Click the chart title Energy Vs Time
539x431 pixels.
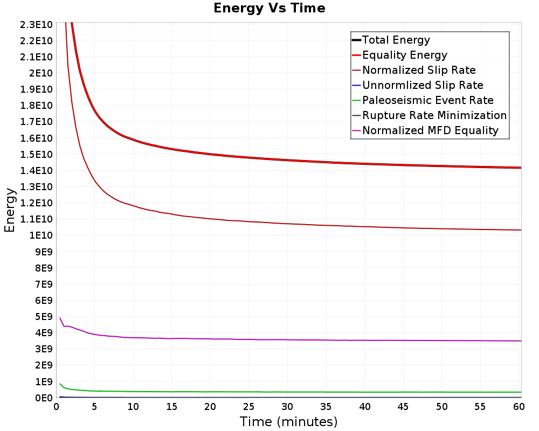pyautogui.click(x=269, y=8)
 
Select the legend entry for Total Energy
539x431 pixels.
pyautogui.click(x=391, y=40)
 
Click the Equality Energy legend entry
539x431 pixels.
pyautogui.click(x=400, y=55)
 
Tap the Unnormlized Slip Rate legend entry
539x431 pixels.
pyautogui.click(x=418, y=85)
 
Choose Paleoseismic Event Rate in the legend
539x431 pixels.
pyautogui.click(x=423, y=100)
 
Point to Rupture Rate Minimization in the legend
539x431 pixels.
pyautogui.click(x=430, y=115)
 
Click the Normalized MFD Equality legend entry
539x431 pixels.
pyautogui.click(x=425, y=130)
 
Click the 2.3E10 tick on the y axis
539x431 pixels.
pyautogui.click(x=36, y=25)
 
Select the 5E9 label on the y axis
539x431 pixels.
pyautogui.click(x=44, y=317)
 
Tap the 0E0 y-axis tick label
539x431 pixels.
pyautogui.click(x=44, y=398)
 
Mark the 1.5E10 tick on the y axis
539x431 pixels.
pyautogui.click(x=36, y=154)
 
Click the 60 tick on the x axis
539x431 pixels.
pyautogui.click(x=519, y=407)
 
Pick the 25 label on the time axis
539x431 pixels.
pyautogui.click(x=248, y=407)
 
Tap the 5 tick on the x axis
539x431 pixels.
pyautogui.click(x=94, y=407)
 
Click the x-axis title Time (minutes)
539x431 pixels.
pyautogui.click(x=288, y=421)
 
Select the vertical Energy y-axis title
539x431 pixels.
pyautogui.click(x=10, y=210)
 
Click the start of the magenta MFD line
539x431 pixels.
pyautogui.click(x=60, y=318)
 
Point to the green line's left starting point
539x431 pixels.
pyautogui.click(x=60, y=384)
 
